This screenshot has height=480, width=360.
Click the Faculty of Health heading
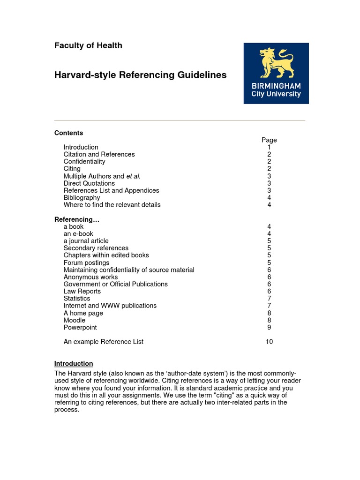tap(88, 45)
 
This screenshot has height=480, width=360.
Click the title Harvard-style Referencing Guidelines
tap(140, 75)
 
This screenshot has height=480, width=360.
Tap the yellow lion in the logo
tap(277, 62)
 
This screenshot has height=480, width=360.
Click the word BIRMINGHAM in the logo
tap(276, 86)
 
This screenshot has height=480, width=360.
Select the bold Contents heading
tap(68, 133)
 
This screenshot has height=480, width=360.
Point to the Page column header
tap(269, 140)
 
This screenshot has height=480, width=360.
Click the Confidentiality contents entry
tap(84, 161)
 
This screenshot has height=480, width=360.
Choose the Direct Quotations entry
tap(89, 183)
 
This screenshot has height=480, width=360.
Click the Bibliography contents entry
tap(82, 197)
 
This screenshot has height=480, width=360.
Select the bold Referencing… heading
tap(77, 219)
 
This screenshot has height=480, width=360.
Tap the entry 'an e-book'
tap(78, 233)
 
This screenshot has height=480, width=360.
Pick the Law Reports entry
tap(82, 291)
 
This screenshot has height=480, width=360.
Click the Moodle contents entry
tap(75, 320)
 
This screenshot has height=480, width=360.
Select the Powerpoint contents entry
tap(80, 327)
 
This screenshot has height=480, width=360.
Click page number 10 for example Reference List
tap(269, 342)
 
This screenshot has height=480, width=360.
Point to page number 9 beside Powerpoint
tap(269, 327)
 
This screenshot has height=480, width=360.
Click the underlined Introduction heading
tap(74, 363)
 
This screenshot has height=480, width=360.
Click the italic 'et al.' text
tap(133, 176)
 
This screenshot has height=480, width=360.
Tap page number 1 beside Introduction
tap(269, 147)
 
